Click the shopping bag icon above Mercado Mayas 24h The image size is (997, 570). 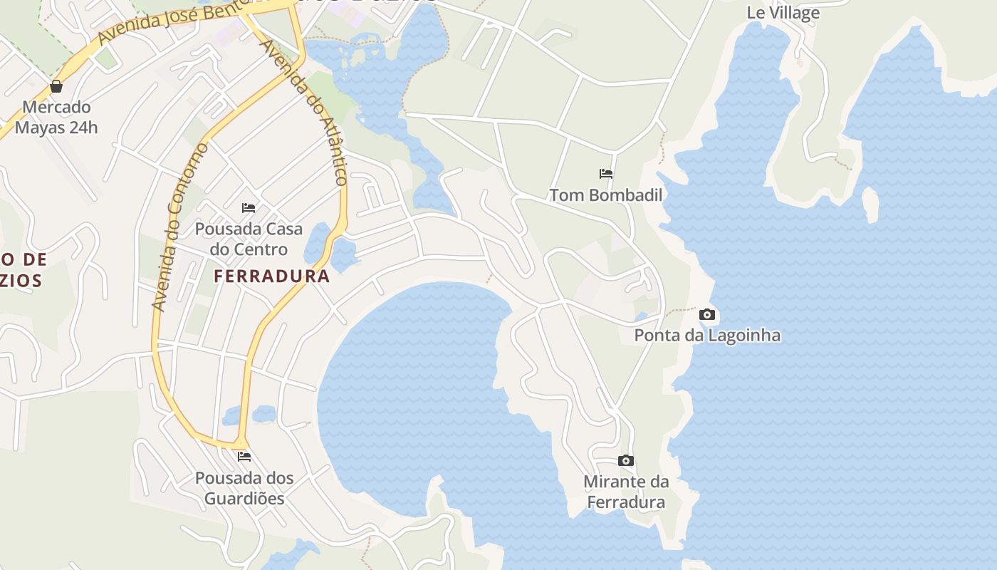pyautogui.click(x=56, y=87)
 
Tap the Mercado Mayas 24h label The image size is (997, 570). pyautogui.click(x=56, y=118)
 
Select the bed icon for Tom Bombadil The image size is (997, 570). pyautogui.click(x=606, y=173)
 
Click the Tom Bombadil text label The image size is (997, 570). pyautogui.click(x=605, y=195)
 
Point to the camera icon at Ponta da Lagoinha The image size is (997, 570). pyautogui.click(x=707, y=314)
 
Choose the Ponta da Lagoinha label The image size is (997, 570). pyautogui.click(x=707, y=336)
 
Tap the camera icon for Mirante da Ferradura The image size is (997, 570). pyautogui.click(x=626, y=461)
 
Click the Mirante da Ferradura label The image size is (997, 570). pyautogui.click(x=626, y=492)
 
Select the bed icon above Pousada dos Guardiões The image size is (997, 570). pyautogui.click(x=244, y=456)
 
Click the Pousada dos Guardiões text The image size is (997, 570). pyautogui.click(x=244, y=488)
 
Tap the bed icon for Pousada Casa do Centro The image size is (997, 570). pyautogui.click(x=249, y=208)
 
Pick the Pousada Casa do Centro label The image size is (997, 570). pyautogui.click(x=249, y=239)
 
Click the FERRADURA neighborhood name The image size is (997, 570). pyautogui.click(x=272, y=276)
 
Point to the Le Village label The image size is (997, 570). pyautogui.click(x=783, y=13)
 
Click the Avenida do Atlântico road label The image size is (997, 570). pyautogui.click(x=304, y=111)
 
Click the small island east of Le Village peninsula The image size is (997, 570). pyautogui.click(x=870, y=204)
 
